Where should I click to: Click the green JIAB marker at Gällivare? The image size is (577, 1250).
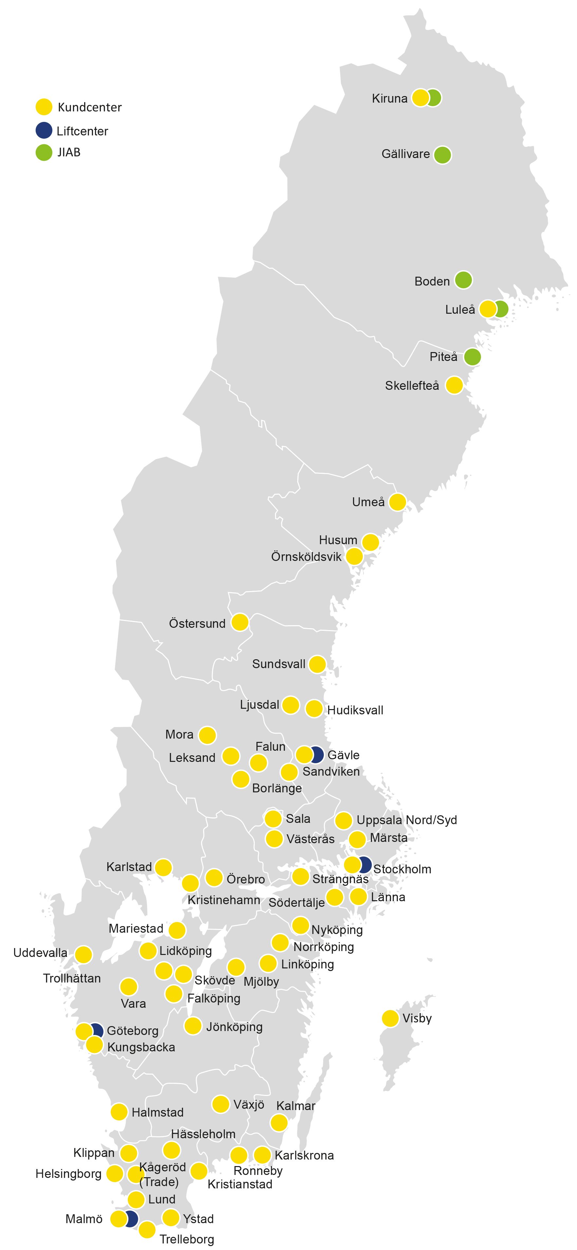coord(442,155)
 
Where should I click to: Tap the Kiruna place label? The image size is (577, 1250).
coord(389,98)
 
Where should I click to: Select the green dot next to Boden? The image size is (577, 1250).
coord(463,280)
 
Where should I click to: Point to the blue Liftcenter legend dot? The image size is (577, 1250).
coord(44,130)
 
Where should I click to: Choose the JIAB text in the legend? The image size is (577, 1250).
coord(69,152)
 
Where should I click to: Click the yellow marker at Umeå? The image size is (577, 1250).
coord(397,502)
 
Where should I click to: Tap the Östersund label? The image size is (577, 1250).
coord(197,624)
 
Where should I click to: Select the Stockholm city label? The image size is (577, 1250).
coord(402,869)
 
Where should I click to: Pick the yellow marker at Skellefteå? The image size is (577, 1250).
coord(454,385)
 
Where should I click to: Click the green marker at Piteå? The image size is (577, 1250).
coord(472,357)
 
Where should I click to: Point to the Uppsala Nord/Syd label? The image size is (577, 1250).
coord(406,820)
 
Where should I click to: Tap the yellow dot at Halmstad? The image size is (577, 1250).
coord(119,1112)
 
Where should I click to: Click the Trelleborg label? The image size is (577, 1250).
coord(187,1239)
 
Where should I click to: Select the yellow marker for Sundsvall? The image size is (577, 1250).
coord(317,664)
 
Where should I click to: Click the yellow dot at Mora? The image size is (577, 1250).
coord(207,735)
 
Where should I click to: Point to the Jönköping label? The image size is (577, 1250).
coord(234,1027)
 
